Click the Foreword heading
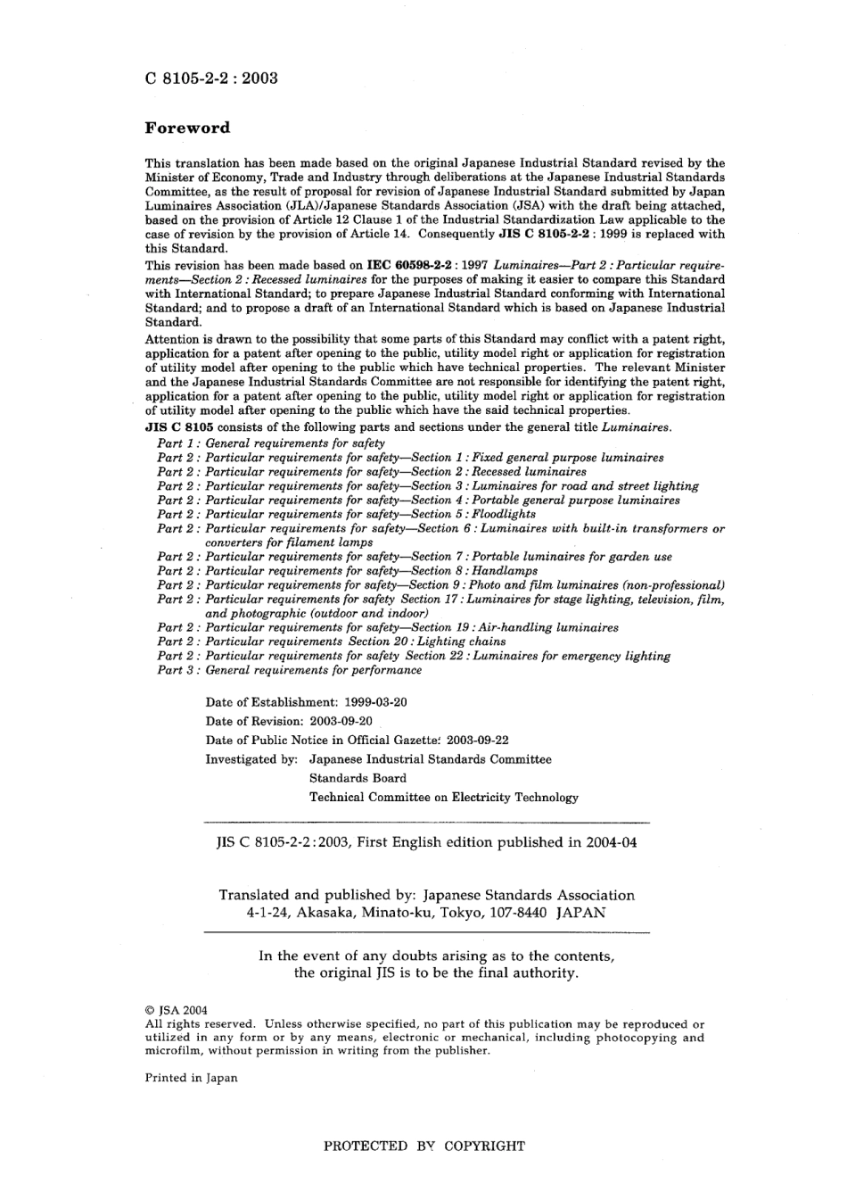pyautogui.click(x=187, y=128)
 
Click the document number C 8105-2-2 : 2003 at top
pyautogui.click(x=211, y=78)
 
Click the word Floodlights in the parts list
pyautogui.click(x=504, y=515)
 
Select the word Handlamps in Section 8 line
pyautogui.click(x=505, y=571)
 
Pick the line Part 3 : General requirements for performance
pyautogui.click(x=290, y=670)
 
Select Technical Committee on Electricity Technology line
pyautogui.click(x=443, y=798)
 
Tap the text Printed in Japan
pyautogui.click(x=192, y=1078)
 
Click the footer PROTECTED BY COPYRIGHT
pyautogui.click(x=423, y=1146)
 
